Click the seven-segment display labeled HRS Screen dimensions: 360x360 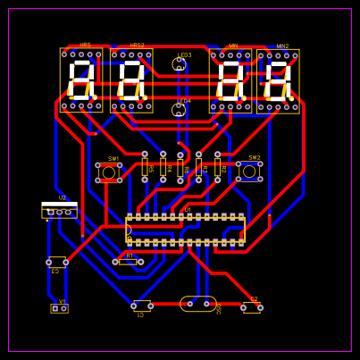(81, 80)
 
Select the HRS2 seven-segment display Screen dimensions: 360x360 (131, 80)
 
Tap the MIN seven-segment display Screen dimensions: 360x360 (230, 81)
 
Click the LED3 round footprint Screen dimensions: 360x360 (179, 64)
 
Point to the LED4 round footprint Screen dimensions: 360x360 (179, 110)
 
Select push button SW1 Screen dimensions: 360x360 (109, 172)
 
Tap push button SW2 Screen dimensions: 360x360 (249, 172)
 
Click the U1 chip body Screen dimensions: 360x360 (185, 230)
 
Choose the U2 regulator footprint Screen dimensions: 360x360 (59, 210)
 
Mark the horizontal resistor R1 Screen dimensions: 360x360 (128, 262)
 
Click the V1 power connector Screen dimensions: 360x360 (59, 308)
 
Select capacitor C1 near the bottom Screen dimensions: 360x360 (142, 306)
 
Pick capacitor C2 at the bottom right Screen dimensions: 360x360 (252, 307)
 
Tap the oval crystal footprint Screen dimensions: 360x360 (198, 304)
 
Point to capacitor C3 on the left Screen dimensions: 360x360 (57, 262)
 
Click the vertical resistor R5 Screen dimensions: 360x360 (145, 166)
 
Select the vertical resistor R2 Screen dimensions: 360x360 (217, 166)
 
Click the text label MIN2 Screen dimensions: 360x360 (282, 46)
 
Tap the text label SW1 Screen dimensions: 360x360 (113, 159)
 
